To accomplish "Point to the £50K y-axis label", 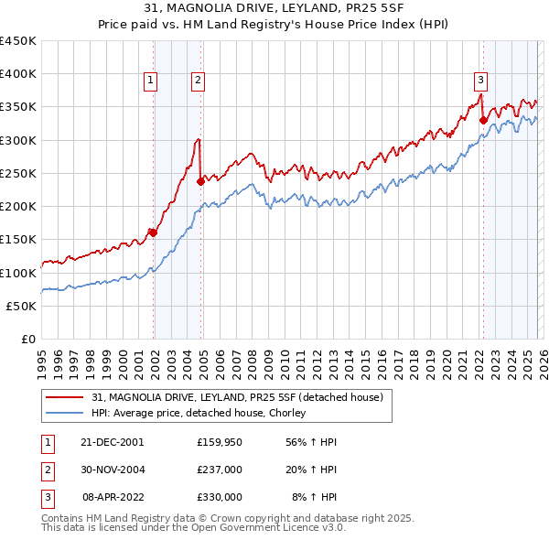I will click(x=22, y=306).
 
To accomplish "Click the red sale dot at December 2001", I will click(x=153, y=232).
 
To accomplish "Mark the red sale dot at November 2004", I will click(x=200, y=181).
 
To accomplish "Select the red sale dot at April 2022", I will click(x=482, y=120).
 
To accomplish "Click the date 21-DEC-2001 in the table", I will click(x=113, y=441).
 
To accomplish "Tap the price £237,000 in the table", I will click(x=220, y=470).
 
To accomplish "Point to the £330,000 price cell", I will click(x=220, y=498).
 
